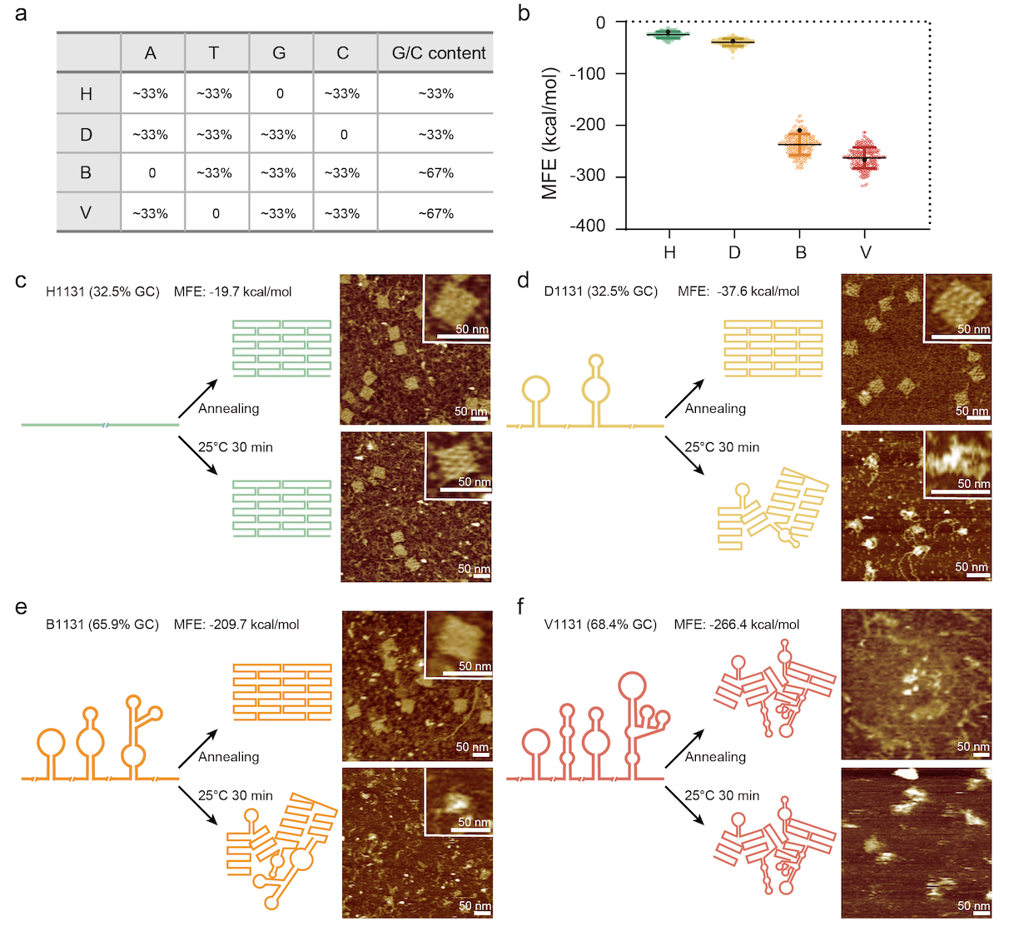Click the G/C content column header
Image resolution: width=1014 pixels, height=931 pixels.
438,53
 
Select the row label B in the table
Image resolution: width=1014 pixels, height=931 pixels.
86,173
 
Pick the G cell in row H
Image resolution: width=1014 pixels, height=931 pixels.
280,94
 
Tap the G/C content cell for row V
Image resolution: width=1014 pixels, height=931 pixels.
436,213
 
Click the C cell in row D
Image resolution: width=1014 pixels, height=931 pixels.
343,134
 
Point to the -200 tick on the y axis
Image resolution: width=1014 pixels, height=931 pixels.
588,125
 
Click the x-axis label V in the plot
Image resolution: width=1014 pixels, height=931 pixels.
866,252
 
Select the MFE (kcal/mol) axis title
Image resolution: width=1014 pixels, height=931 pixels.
549,133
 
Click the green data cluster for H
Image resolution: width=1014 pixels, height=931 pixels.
669,34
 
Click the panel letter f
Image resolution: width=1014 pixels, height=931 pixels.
521,606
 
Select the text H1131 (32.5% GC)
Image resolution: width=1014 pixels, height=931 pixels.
103,291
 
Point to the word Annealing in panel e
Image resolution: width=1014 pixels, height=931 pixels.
229,757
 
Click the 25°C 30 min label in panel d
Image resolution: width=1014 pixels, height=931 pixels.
722,447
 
